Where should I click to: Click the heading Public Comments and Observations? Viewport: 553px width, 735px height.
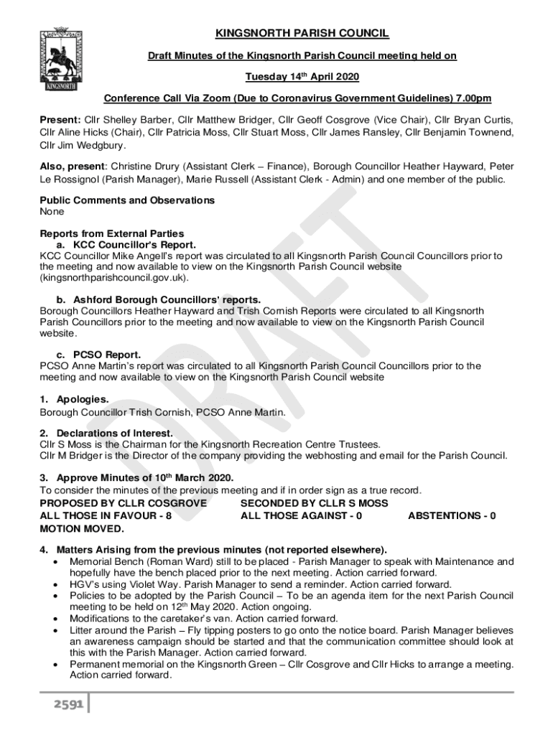tap(126, 200)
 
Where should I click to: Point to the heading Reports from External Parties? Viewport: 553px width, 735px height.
tap(112, 233)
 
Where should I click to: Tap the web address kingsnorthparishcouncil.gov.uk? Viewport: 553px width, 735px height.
tap(114, 277)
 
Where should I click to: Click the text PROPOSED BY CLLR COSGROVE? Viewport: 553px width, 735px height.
tap(123, 504)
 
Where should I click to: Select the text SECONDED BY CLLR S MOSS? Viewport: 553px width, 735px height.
tap(315, 504)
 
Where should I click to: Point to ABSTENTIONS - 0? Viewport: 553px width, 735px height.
tap(451, 515)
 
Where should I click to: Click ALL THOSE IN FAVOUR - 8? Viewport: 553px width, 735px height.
tap(106, 515)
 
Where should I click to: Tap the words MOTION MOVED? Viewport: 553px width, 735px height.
tap(82, 529)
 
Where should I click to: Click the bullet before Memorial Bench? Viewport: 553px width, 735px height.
tap(56, 562)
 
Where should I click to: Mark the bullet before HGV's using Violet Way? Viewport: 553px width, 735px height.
tap(56, 585)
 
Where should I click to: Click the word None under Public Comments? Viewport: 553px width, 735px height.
tap(52, 212)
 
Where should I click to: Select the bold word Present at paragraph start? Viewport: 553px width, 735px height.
tap(60, 120)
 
